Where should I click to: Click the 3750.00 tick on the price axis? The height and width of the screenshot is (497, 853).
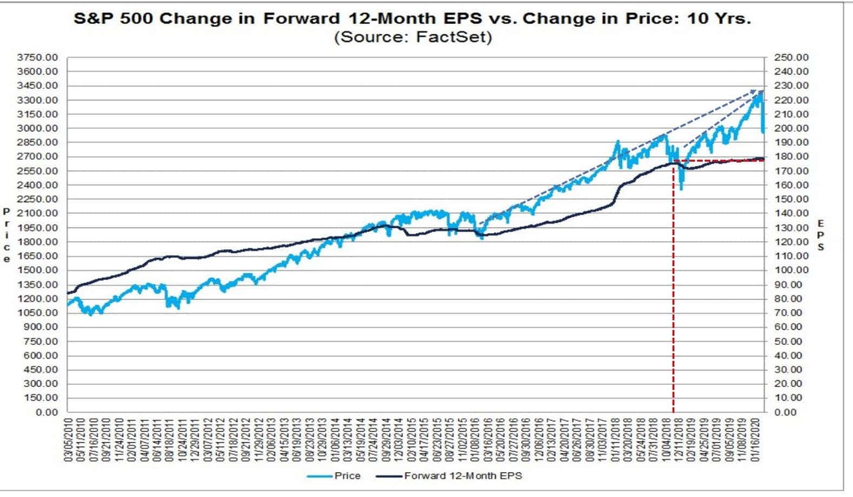[x=38, y=57]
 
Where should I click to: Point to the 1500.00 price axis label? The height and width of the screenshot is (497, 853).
[x=38, y=270]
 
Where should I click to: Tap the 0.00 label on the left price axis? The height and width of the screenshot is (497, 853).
[x=47, y=413]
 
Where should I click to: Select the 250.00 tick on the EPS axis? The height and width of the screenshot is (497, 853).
[x=791, y=57]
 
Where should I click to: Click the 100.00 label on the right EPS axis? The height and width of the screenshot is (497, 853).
[x=791, y=270]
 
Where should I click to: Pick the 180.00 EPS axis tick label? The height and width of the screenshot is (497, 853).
[x=791, y=157]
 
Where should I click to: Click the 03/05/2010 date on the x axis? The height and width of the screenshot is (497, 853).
[x=69, y=439]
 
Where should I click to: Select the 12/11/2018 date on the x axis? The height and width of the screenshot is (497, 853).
[x=679, y=439]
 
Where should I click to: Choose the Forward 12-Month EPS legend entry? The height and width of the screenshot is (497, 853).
[x=463, y=476]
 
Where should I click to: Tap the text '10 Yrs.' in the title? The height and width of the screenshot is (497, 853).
[x=719, y=18]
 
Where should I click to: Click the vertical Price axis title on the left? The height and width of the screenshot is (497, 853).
[x=7, y=235]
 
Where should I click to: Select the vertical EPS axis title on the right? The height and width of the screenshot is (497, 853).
[x=820, y=235]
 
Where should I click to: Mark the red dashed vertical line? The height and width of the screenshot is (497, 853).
[x=673, y=289]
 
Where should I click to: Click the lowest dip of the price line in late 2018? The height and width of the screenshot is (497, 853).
[x=681, y=188]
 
